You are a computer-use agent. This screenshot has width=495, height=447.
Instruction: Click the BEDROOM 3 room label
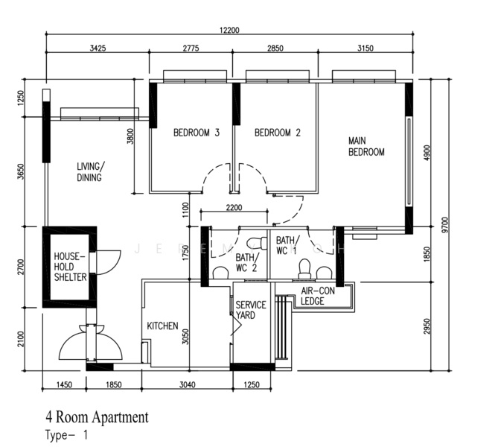[197, 133]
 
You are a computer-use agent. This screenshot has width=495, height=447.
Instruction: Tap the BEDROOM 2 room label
[278, 133]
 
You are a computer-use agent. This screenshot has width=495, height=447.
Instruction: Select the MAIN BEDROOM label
[366, 146]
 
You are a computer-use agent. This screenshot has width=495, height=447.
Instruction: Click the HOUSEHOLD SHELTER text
[70, 267]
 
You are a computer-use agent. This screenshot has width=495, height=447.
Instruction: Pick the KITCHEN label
[162, 326]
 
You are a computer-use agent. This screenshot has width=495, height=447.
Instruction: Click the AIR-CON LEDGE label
[318, 297]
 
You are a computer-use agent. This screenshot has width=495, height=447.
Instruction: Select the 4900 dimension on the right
[426, 153]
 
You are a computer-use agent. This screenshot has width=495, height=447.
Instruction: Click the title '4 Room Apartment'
[97, 417]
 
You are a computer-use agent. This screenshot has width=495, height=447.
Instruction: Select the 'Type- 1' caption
[66, 435]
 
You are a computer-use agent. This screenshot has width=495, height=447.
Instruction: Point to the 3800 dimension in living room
[130, 136]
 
